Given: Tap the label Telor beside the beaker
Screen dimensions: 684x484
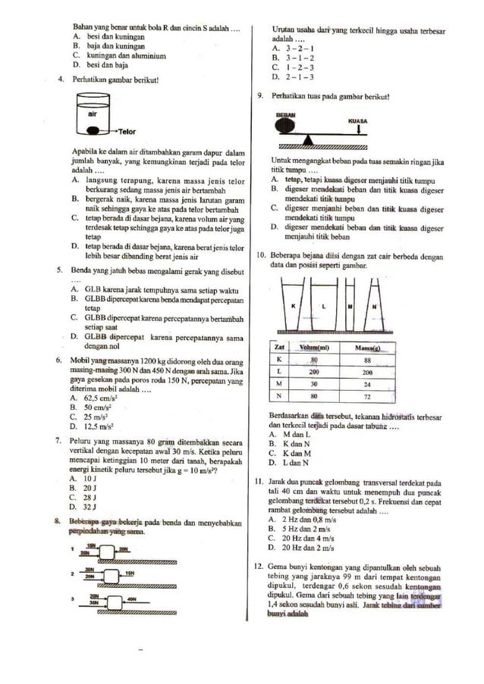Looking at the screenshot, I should pos(126,131).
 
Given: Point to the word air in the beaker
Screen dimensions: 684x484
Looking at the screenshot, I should pos(92,112).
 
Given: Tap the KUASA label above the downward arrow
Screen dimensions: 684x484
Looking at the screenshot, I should pos(357,120).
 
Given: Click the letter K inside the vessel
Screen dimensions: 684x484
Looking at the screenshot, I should pos(293,305).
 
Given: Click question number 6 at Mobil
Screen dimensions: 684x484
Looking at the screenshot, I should pos(59,361).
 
